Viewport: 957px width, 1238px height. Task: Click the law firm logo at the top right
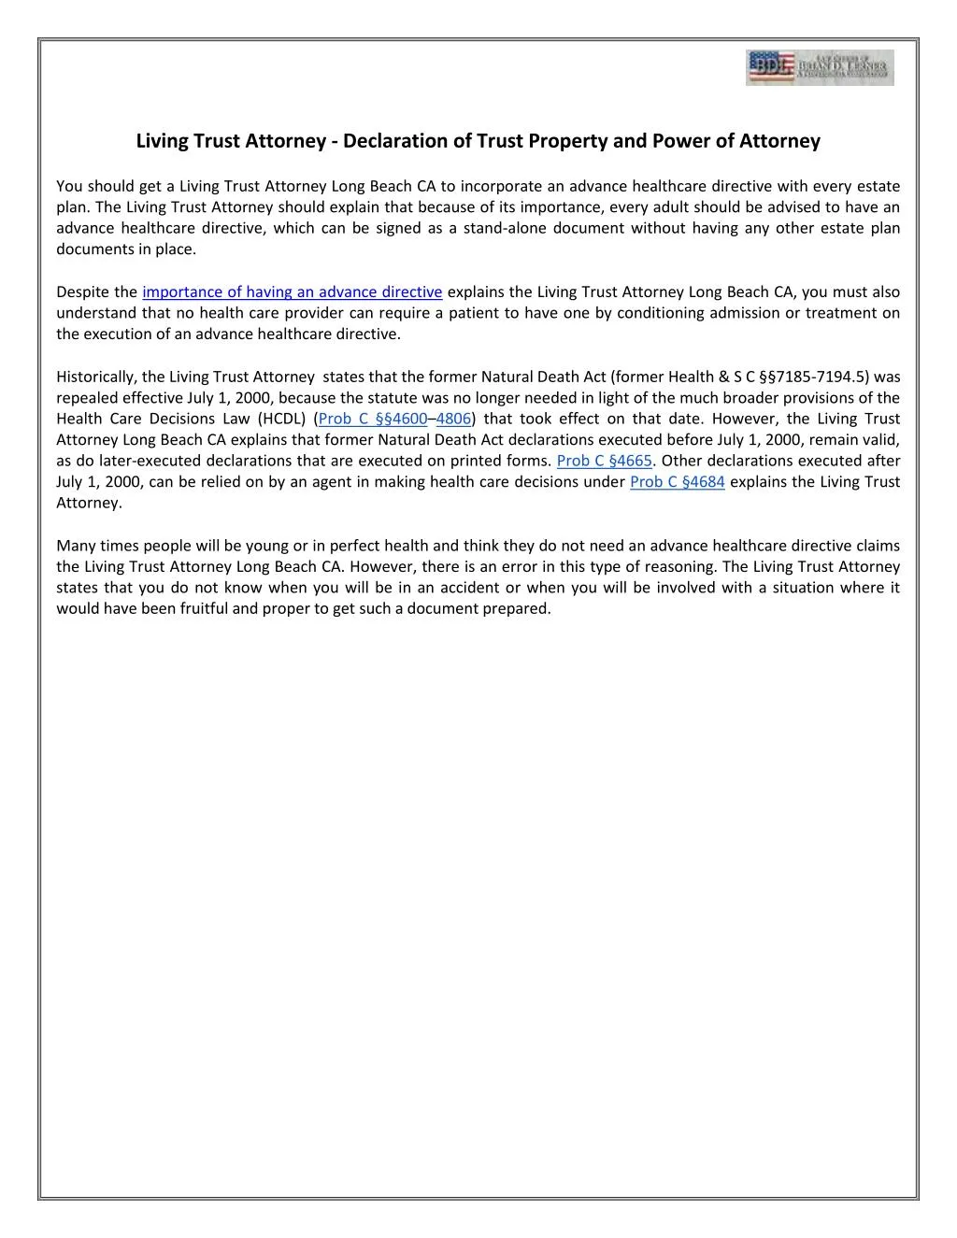[820, 68]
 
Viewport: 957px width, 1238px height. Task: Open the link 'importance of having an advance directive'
[292, 292]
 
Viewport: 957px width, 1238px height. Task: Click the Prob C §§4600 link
[373, 419]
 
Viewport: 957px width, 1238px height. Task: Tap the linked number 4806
[454, 419]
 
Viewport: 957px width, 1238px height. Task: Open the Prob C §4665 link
[604, 461]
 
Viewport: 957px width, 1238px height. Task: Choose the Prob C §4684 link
[678, 482]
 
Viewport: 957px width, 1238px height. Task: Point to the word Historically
[95, 377]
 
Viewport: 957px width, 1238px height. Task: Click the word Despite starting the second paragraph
[82, 292]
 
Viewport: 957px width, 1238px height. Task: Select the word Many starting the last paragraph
[75, 546]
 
